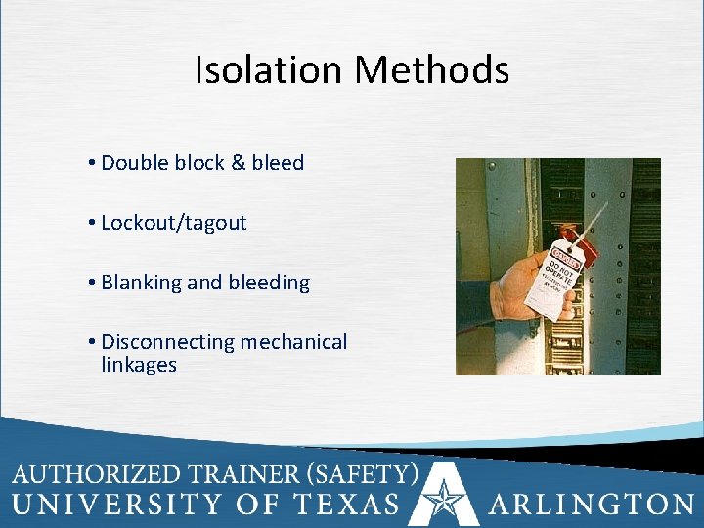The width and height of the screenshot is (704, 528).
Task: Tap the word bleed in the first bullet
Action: (278, 163)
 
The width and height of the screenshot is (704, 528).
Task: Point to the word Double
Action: (135, 163)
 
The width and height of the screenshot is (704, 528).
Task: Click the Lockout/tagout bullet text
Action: (173, 223)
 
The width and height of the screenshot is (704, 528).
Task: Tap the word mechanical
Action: (294, 342)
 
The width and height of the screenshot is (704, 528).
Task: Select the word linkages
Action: (139, 365)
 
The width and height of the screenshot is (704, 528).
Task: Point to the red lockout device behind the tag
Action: (585, 246)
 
